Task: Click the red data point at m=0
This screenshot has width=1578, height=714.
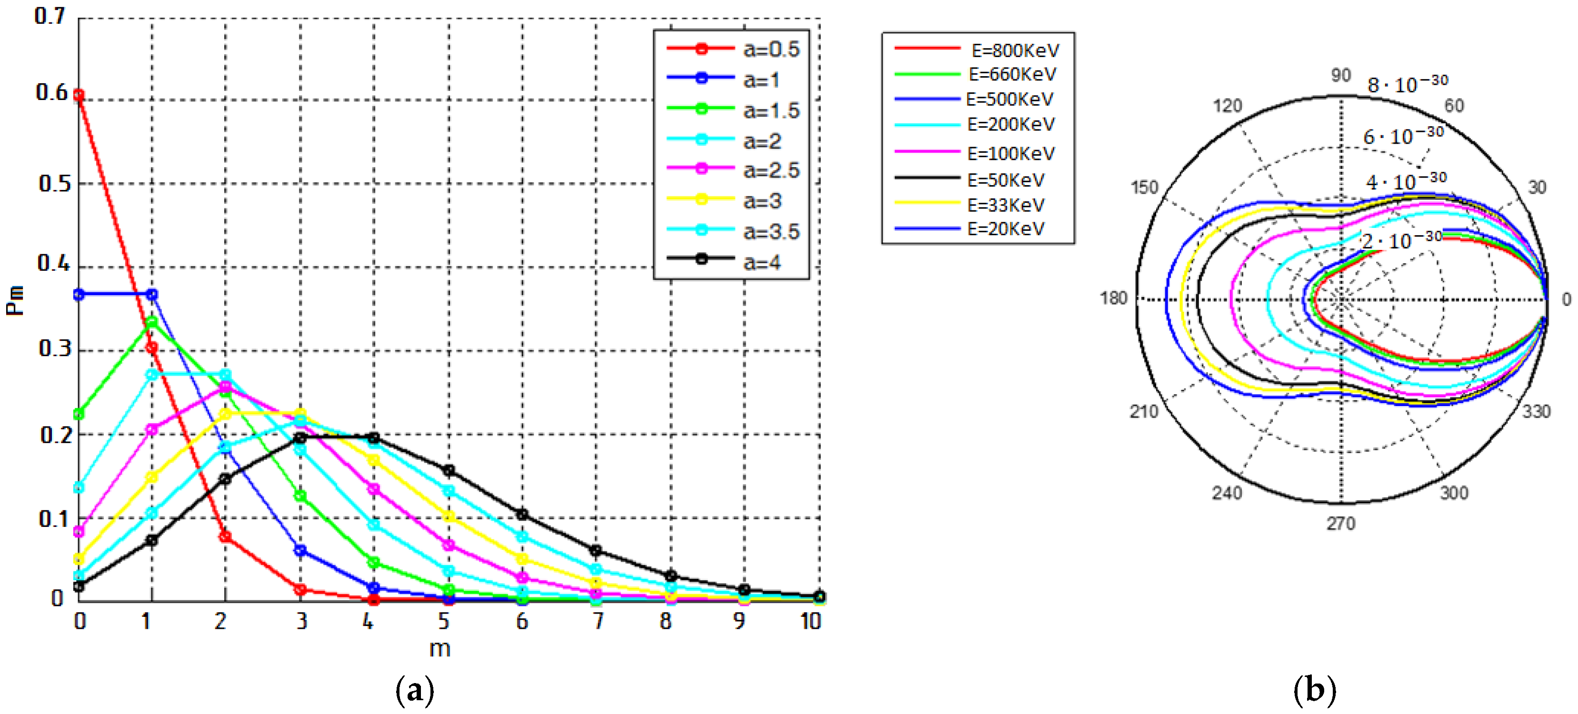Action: click(79, 95)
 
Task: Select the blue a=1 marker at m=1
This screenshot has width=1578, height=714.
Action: click(152, 295)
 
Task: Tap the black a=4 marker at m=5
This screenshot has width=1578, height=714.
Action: click(449, 470)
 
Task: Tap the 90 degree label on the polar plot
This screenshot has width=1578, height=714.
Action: click(1340, 75)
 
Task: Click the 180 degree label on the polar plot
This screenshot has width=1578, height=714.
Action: click(1113, 298)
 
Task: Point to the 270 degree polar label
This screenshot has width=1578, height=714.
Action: click(1341, 523)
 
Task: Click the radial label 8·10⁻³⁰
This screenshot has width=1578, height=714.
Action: click(1408, 84)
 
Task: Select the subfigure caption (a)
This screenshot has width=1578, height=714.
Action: click(415, 690)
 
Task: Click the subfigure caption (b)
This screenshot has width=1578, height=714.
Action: click(1315, 690)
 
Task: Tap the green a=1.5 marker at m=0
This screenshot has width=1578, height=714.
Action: click(79, 415)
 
